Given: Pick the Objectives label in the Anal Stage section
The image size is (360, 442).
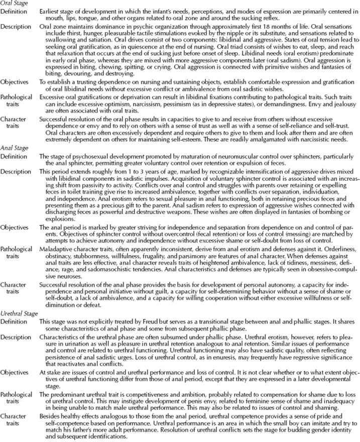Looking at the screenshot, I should tap(15, 227).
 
